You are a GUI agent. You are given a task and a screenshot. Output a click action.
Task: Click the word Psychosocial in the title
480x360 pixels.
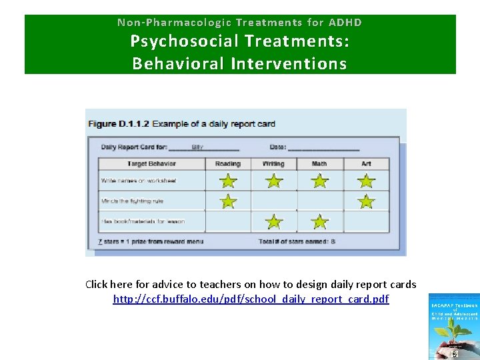click(185, 41)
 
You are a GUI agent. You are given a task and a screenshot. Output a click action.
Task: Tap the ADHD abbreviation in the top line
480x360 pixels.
click(346, 22)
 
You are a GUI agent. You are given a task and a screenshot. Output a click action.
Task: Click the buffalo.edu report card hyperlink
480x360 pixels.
click(251, 299)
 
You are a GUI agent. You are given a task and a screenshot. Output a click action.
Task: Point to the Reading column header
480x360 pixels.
click(228, 163)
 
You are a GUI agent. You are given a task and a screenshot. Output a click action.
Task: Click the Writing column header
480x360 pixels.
click(273, 163)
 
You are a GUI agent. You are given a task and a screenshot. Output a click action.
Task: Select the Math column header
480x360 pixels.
click(319, 163)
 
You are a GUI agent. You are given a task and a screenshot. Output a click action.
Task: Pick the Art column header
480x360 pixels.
click(365, 163)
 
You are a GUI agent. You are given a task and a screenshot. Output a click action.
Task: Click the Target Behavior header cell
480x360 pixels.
click(151, 163)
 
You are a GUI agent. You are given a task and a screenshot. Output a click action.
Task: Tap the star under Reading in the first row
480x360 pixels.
click(228, 181)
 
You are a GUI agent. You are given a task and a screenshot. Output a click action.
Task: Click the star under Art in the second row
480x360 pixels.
click(366, 201)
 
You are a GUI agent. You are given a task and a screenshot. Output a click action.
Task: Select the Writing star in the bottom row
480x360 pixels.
click(274, 221)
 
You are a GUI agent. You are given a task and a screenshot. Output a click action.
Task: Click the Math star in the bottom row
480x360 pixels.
click(320, 221)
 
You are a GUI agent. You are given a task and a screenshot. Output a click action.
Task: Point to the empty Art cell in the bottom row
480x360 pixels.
click(366, 221)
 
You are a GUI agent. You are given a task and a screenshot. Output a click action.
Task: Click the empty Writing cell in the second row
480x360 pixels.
click(274, 201)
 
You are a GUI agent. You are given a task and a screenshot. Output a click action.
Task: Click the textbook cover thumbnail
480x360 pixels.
click(453, 327)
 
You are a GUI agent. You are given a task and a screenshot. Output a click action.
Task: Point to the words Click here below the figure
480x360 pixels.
click(109, 285)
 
